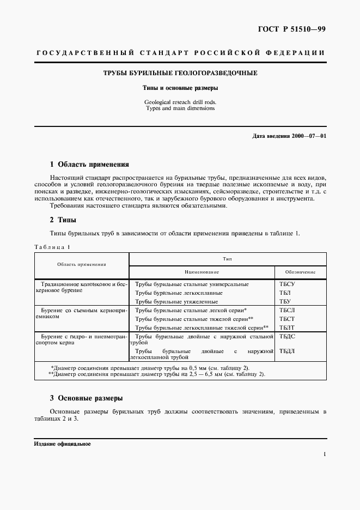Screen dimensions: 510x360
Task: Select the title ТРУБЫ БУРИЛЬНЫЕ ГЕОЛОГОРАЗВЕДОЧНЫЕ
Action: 181,73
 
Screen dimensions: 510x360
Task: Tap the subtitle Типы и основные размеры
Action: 180,87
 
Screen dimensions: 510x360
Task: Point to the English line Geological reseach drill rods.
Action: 180,102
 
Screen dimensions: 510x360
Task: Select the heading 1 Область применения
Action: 89,164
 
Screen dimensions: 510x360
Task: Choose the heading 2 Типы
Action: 63,220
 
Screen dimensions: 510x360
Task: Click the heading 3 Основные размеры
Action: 86,398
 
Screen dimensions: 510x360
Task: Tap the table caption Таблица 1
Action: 52,247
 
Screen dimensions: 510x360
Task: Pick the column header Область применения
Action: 82,264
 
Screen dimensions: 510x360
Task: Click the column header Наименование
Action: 201,271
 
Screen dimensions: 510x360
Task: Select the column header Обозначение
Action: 300,271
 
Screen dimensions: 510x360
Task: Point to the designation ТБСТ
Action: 287,319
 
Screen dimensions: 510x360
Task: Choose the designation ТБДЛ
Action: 287,351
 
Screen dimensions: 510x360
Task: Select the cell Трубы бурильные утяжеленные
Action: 176,301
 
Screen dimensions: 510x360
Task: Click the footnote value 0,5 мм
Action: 190,367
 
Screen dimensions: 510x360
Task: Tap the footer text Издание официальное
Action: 62,444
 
